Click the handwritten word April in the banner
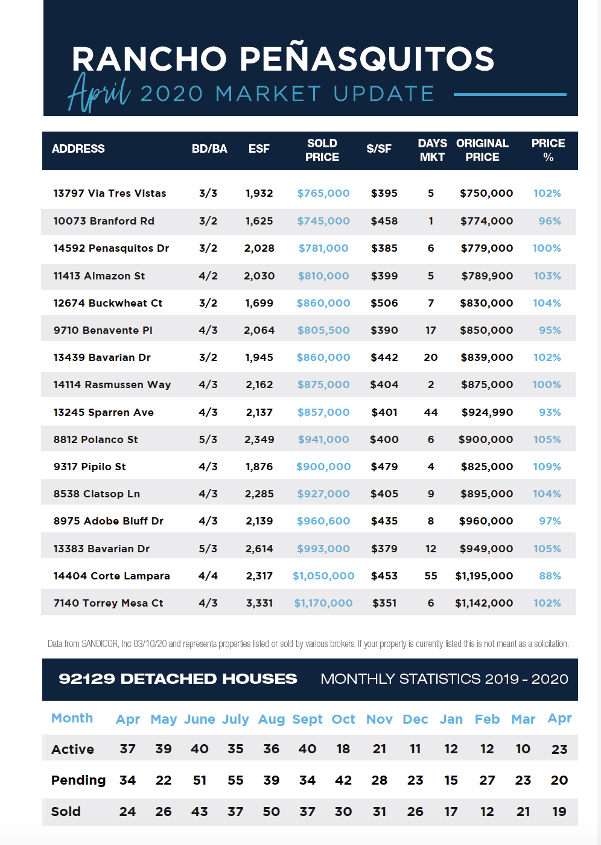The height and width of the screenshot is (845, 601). [x=99, y=92]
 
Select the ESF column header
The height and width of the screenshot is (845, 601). [x=259, y=148]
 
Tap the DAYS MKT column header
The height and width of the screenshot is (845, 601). [x=432, y=150]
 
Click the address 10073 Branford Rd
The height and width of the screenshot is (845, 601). [x=104, y=221]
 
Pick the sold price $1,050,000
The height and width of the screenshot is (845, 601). [x=323, y=576]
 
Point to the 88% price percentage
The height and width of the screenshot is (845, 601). [x=550, y=576]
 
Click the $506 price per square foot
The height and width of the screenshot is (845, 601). [x=384, y=303]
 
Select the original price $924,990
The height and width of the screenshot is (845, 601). [x=487, y=412]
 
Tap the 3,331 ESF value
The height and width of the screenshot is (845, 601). [x=259, y=603]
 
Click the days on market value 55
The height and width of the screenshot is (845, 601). [x=431, y=576]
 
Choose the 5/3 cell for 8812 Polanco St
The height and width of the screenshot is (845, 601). [x=208, y=439]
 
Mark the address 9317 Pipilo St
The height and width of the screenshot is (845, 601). [x=89, y=467]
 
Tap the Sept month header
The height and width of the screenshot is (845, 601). [x=307, y=719]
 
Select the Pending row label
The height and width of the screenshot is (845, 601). [x=78, y=780]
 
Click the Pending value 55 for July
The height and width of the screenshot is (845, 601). [x=235, y=780]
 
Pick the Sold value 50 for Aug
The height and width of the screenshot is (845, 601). [x=271, y=811]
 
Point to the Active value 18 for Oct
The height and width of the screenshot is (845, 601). [x=343, y=749]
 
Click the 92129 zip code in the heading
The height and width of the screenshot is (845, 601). [x=87, y=679]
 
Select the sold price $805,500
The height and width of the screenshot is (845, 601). [x=323, y=330]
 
